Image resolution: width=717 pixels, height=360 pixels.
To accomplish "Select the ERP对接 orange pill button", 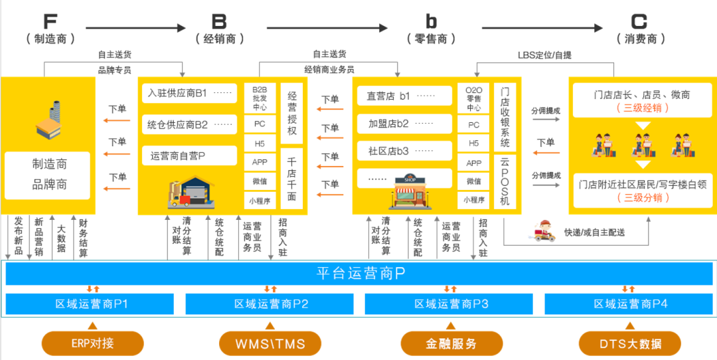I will tap(92, 343).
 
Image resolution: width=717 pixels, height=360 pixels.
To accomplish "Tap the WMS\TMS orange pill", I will tap(270, 343).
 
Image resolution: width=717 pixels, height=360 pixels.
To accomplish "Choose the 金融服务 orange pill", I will tap(451, 343).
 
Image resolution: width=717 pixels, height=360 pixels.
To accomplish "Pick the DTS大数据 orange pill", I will tap(630, 343).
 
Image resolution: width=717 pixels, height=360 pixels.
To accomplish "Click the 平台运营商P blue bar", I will tap(358, 274).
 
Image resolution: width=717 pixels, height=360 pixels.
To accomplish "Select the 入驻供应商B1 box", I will tap(189, 93).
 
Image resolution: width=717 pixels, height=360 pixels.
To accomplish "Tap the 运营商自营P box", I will tap(189, 155).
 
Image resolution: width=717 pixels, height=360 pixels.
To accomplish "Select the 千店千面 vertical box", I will tap(292, 179).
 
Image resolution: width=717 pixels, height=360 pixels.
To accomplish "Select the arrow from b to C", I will tap(541, 28).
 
